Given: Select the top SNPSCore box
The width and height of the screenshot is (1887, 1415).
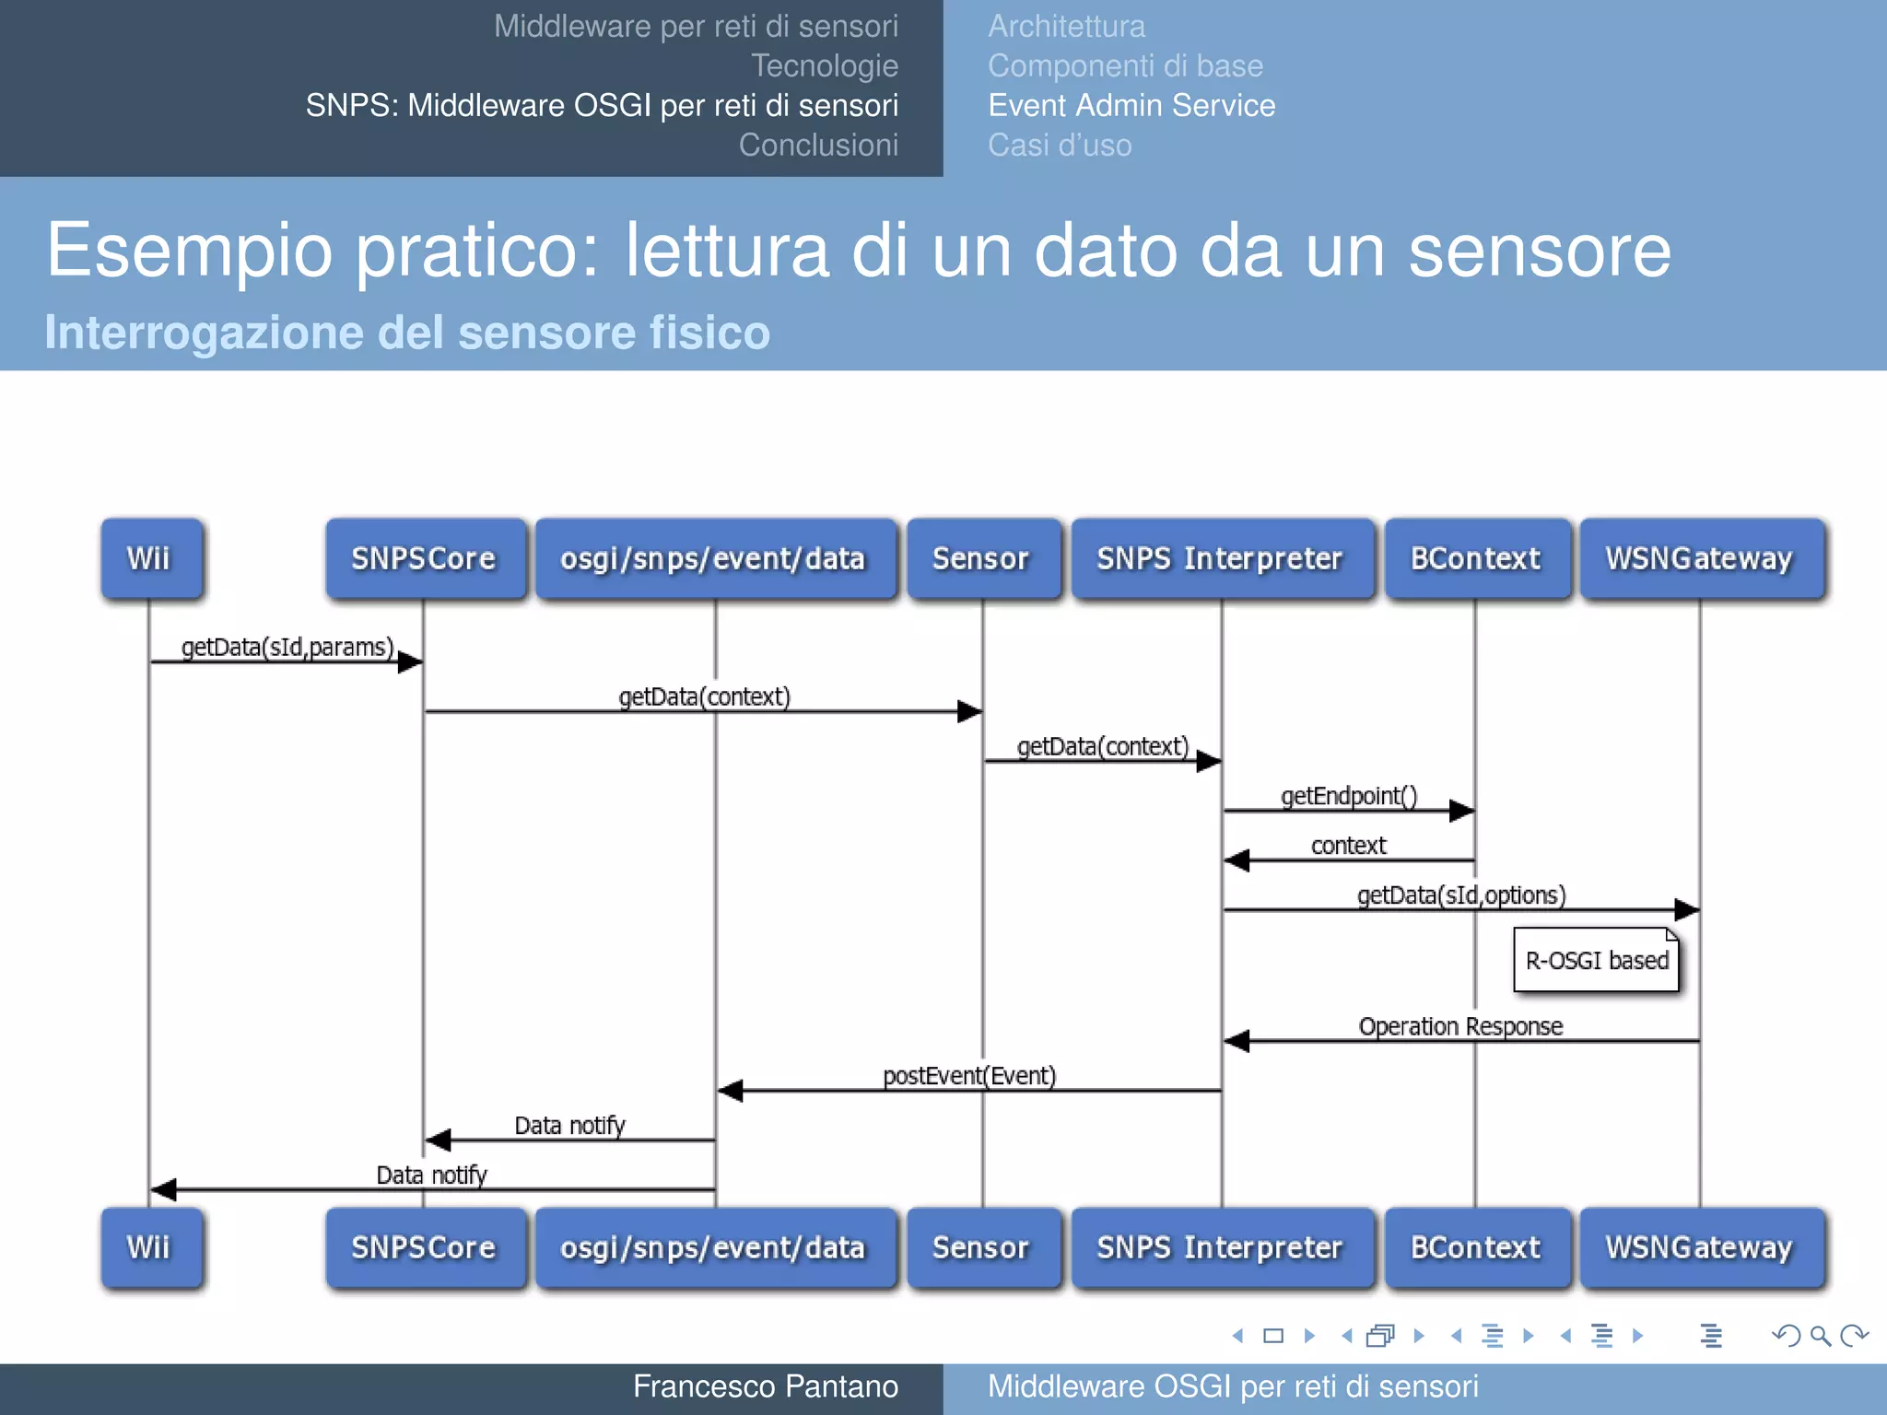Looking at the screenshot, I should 425,559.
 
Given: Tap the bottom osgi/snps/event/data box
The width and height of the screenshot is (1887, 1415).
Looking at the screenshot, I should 714,1248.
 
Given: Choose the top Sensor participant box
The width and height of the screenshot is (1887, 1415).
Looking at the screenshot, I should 982,559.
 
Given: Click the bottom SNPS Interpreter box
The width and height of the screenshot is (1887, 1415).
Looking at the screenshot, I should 1221,1248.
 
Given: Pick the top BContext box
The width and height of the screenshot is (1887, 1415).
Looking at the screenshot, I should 1476,559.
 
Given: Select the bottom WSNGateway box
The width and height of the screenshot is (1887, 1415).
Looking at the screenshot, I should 1701,1248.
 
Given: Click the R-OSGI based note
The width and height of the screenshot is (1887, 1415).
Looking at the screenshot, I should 1597,961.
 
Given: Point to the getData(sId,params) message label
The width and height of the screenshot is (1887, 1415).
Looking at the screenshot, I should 287,648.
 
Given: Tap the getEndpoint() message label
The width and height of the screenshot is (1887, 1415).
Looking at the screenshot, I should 1349,796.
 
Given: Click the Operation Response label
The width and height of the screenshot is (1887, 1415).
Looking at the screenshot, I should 1460,1026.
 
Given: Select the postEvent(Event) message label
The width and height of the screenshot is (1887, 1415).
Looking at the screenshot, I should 969,1076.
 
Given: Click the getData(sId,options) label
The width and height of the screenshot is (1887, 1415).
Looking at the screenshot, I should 1461,895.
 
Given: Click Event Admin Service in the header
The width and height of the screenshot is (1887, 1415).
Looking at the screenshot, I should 1131,106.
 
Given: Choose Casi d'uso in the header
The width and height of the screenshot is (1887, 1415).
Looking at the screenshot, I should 1060,146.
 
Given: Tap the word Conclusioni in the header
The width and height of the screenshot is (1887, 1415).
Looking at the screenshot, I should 818,146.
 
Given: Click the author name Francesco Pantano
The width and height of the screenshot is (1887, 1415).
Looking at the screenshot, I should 765,1386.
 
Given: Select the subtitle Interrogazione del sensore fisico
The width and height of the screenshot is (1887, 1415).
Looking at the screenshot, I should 407,333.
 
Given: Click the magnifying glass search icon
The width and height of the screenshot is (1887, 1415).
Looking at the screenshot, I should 1820,1336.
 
